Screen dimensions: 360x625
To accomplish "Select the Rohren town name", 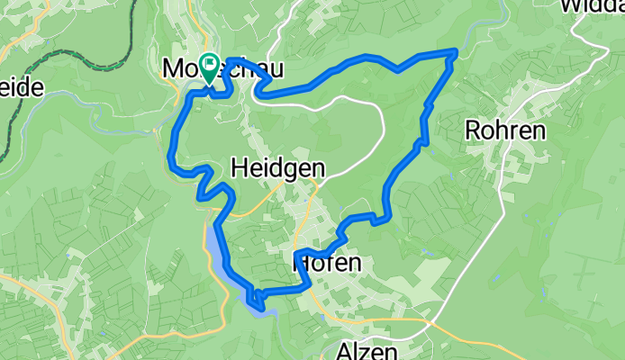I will pos(504,130).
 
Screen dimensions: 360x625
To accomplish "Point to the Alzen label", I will pos(366,350).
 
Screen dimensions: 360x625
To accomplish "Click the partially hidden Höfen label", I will pos(329,264).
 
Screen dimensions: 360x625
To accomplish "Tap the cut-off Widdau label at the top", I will pos(591,7).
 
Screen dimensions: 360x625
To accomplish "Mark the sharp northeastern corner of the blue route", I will pos(456,53).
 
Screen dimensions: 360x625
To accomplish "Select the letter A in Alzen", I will pos(346,350).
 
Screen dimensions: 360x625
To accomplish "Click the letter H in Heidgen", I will pos(240,167).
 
